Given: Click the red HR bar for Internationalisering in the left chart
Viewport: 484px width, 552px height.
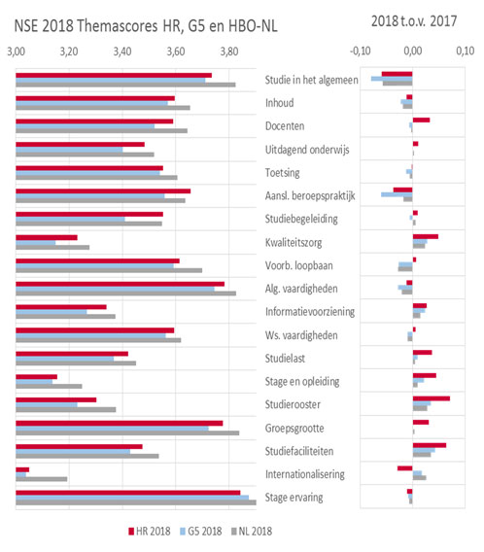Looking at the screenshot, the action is (x=22, y=469).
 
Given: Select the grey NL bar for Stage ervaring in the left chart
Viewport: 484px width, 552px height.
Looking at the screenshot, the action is (x=136, y=502).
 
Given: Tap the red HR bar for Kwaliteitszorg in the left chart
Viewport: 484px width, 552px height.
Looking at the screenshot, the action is (x=47, y=238).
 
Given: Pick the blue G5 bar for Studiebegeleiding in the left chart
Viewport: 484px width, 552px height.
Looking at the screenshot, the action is (x=70, y=220).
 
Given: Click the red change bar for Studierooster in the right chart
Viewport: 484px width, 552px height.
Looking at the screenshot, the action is (x=432, y=398).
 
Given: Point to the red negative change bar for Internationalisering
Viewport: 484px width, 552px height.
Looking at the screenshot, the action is (x=405, y=468).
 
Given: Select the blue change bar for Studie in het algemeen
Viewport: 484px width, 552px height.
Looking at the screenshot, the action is (x=392, y=79).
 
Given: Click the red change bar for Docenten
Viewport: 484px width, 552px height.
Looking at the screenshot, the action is (x=421, y=121).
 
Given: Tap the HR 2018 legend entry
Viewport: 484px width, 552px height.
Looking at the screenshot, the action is (x=150, y=532).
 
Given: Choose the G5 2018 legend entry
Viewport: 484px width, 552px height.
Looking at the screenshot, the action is (x=200, y=532).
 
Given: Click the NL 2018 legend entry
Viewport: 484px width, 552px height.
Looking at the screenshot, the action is (x=252, y=532).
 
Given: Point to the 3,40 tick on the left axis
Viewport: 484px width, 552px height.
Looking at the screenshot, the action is (x=122, y=52).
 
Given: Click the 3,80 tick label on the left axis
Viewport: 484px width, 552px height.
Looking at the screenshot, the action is (x=229, y=52).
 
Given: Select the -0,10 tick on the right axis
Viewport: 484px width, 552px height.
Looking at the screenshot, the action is (x=361, y=52).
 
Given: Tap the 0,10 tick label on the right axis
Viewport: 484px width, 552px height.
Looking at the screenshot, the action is (x=466, y=52).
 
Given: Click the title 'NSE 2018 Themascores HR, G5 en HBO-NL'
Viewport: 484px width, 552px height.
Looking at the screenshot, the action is (x=146, y=25).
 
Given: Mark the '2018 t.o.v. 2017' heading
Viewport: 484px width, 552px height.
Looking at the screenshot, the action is (x=414, y=21).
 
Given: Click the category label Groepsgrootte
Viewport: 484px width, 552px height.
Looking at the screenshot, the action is (x=294, y=428).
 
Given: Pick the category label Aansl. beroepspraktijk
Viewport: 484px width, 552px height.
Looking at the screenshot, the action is (x=310, y=195).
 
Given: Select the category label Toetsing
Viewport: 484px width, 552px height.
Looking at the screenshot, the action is (x=282, y=173).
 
